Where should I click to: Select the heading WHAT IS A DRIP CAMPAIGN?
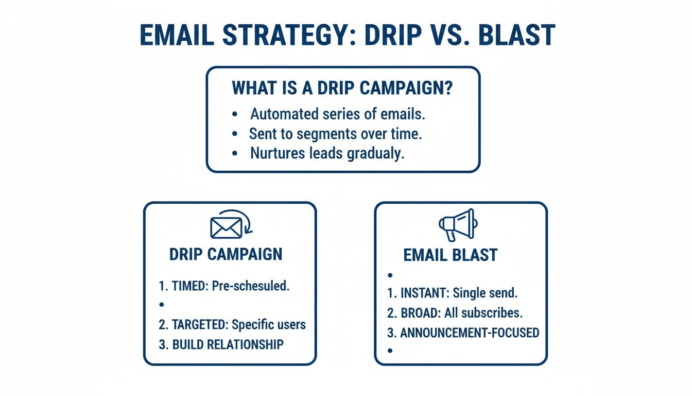(342, 88)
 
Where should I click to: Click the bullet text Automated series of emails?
(338, 113)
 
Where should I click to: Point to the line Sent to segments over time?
(336, 134)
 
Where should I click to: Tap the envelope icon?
(226, 227)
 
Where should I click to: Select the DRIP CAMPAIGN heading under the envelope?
(226, 254)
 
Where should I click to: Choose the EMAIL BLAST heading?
(451, 255)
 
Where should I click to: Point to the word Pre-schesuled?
(250, 286)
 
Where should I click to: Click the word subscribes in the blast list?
(493, 313)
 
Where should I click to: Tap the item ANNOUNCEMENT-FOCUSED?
(469, 333)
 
